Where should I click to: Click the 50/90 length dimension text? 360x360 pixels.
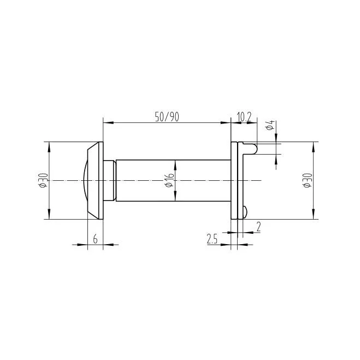pyautogui.click(x=167, y=116)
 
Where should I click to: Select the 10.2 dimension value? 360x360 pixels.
pyautogui.click(x=244, y=116)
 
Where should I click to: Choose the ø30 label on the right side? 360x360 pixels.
pyautogui.click(x=308, y=180)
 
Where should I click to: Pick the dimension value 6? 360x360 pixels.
pyautogui.click(x=95, y=239)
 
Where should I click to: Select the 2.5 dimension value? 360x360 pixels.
pyautogui.click(x=213, y=239)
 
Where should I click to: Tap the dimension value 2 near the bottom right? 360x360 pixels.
pyautogui.click(x=258, y=225)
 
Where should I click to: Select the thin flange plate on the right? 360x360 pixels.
pyautogui.click(x=234, y=180)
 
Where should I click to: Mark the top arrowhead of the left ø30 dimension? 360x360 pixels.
pyautogui.click(x=50, y=145)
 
